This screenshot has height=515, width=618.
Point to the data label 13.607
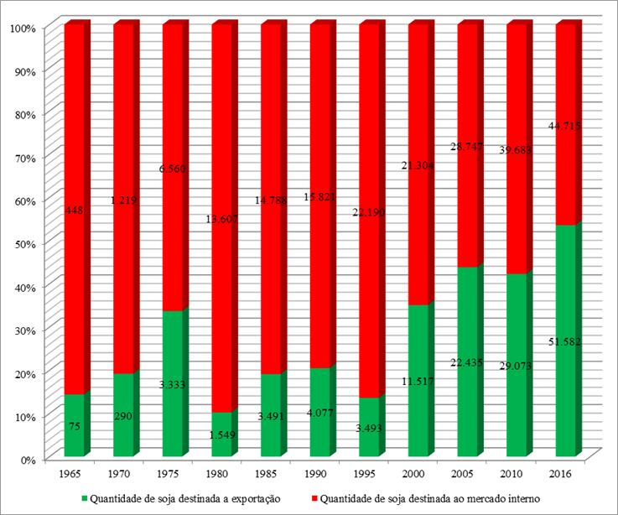tap(223, 220)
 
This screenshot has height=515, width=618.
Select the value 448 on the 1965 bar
tap(75, 211)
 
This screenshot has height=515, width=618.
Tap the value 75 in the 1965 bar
tap(75, 426)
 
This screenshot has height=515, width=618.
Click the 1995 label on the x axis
tap(369, 474)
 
